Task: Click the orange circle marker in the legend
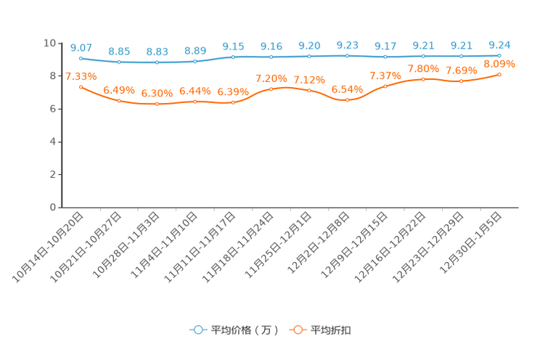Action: pyautogui.click(x=298, y=330)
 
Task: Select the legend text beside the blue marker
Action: pyautogui.click(x=244, y=330)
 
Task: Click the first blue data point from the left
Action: pyautogui.click(x=81, y=57)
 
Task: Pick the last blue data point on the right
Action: pyautogui.click(x=499, y=55)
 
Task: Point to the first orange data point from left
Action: pyautogui.click(x=81, y=86)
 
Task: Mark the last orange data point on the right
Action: pyautogui.click(x=499, y=74)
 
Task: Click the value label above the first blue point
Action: pyautogui.click(x=81, y=47)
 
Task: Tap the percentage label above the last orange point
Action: pyautogui.click(x=499, y=64)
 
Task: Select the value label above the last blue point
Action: pyautogui.click(x=499, y=44)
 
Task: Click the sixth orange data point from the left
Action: pyautogui.click(x=271, y=89)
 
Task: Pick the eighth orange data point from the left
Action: pyautogui.click(x=348, y=100)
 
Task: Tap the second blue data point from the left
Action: pyautogui.click(x=119, y=62)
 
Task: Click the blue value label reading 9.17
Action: pyautogui.click(x=385, y=46)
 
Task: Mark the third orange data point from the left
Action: pyautogui.click(x=157, y=105)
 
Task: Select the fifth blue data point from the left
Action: pyautogui.click(x=233, y=56)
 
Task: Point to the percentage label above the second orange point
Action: pyautogui.click(x=118, y=91)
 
